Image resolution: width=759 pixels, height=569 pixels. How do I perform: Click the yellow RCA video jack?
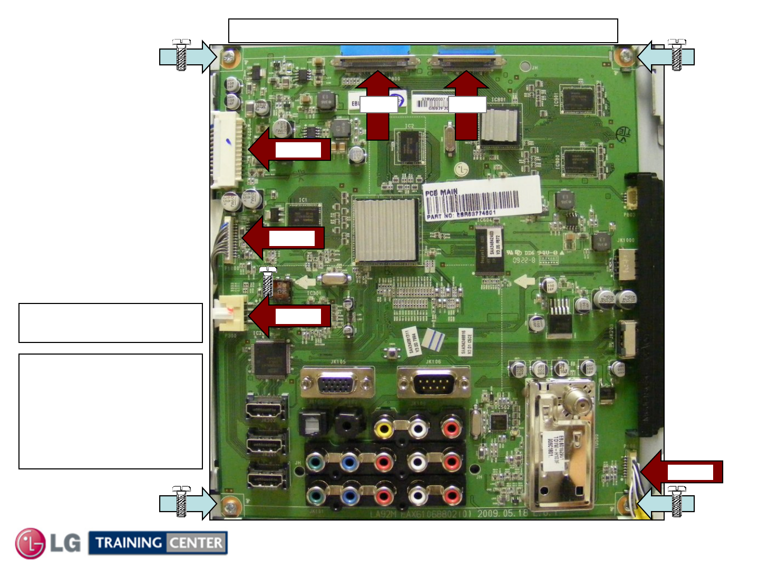point(384,428)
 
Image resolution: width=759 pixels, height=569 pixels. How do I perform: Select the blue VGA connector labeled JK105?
point(336,383)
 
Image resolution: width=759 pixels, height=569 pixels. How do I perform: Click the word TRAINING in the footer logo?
point(129,543)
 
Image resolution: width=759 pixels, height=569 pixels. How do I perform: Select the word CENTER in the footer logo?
point(196,543)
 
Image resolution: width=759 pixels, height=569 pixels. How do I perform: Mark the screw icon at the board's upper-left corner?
point(181,55)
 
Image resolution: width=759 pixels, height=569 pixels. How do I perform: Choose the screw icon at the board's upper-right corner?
point(677,55)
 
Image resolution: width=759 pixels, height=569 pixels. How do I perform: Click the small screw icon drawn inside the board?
point(268,282)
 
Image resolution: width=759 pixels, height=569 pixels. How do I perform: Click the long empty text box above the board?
point(423,31)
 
